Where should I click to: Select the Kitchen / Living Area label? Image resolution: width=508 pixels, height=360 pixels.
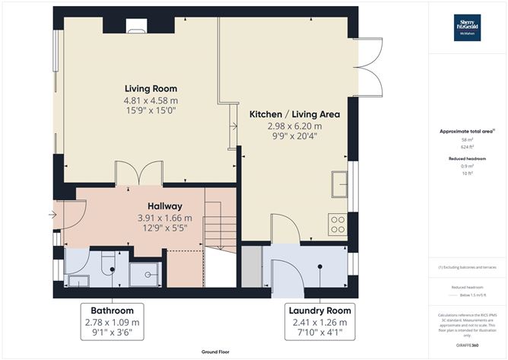[294, 114]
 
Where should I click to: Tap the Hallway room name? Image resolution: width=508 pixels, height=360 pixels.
[164, 206]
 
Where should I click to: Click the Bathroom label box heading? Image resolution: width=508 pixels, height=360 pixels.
[112, 311]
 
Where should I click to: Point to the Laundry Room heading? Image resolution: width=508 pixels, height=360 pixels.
[319, 311]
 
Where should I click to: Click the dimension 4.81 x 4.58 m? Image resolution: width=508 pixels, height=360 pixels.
[151, 100]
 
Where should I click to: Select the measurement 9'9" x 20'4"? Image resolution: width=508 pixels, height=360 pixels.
[294, 138]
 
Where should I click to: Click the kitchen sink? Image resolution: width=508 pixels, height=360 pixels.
[338, 183]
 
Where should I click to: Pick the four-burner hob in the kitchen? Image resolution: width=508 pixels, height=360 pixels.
[337, 225]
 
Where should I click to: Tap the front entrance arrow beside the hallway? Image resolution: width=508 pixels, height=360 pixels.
[52, 215]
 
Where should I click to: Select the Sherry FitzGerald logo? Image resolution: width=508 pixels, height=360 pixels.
[466, 27]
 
